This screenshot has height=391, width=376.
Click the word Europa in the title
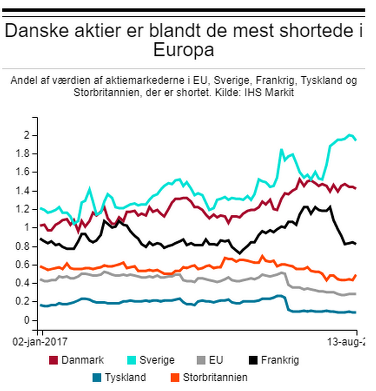(x=183, y=50)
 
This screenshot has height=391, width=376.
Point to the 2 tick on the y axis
(x=27, y=136)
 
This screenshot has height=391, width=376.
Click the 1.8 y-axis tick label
(x=23, y=154)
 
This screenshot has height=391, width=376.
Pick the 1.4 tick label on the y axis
(x=23, y=191)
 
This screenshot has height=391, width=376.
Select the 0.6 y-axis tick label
(x=23, y=265)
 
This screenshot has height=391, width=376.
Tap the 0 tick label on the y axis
(x=27, y=320)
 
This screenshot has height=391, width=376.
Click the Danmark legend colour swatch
(x=54, y=360)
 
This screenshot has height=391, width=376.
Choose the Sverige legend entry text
(x=157, y=360)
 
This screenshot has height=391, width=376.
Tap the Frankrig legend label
(x=280, y=360)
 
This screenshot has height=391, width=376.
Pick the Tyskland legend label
(x=125, y=378)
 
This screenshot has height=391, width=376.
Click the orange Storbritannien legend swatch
(x=176, y=378)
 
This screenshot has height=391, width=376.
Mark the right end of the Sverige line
(x=356, y=140)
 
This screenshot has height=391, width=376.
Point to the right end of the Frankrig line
(x=356, y=244)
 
